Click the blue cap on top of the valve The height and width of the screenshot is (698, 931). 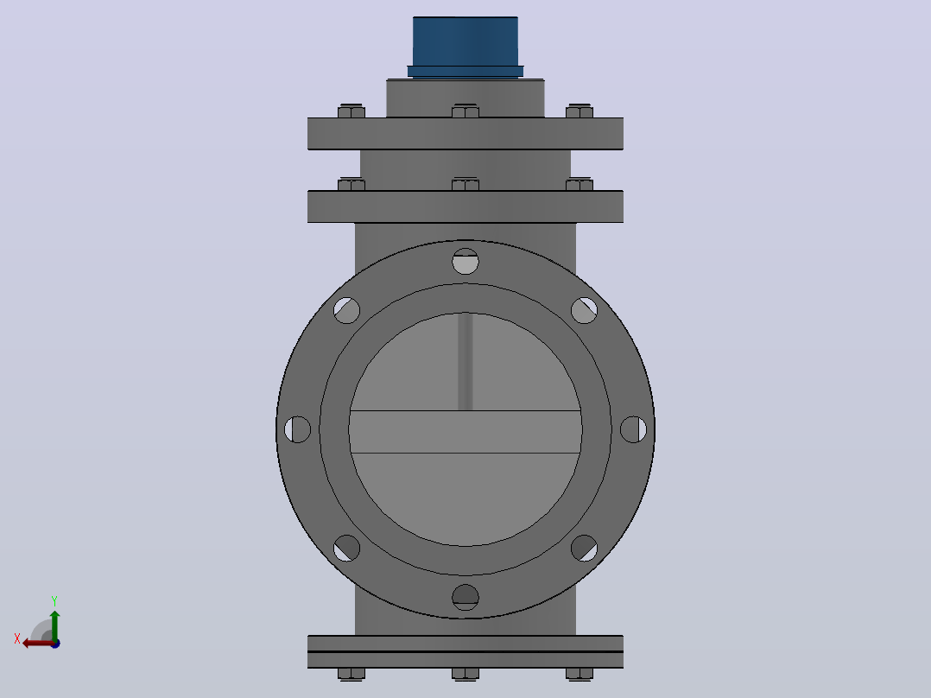pyautogui.click(x=465, y=47)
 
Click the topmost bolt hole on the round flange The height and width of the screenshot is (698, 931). pyautogui.click(x=465, y=262)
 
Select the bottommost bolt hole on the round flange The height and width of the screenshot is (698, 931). pyautogui.click(x=465, y=597)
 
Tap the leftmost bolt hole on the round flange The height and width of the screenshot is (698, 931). pyautogui.click(x=297, y=429)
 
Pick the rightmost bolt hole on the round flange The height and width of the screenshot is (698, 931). pyautogui.click(x=633, y=429)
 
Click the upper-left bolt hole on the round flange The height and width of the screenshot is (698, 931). pyautogui.click(x=347, y=310)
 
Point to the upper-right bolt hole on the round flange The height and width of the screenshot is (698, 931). pyautogui.click(x=584, y=310)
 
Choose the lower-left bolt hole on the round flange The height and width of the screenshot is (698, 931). pyautogui.click(x=347, y=549)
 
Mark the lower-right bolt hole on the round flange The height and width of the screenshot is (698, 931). pyautogui.click(x=584, y=549)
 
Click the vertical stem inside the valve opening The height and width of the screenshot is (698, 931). pyautogui.click(x=465, y=362)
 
